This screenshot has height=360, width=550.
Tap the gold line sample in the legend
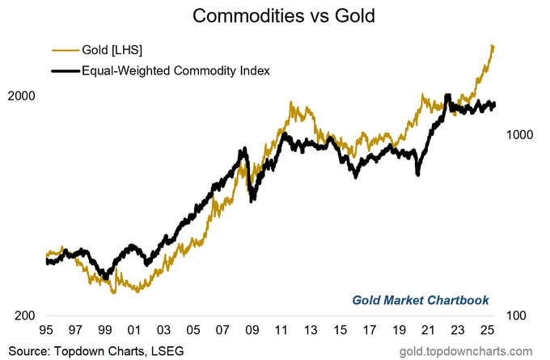(64, 51)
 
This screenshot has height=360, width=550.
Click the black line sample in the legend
(64, 71)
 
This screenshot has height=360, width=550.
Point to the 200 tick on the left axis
(26, 316)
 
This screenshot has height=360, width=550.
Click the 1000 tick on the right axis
(522, 135)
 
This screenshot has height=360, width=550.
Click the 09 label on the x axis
(252, 330)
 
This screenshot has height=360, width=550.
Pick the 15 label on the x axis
(341, 330)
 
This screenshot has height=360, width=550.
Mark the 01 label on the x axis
(135, 330)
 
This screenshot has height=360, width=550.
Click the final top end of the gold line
(493, 45)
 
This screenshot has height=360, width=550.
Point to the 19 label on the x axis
(399, 330)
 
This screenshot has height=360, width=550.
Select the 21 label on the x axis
(428, 330)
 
